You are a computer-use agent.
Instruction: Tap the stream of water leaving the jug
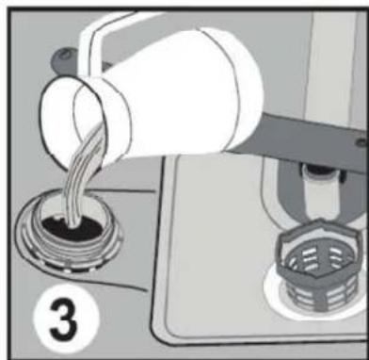coord(83,176)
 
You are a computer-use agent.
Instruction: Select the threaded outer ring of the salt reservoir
coord(69,248)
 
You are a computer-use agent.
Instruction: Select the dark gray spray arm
coord(301,139)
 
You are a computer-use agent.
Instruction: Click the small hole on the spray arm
coord(361,142)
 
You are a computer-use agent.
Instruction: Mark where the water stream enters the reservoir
coord(72,223)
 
